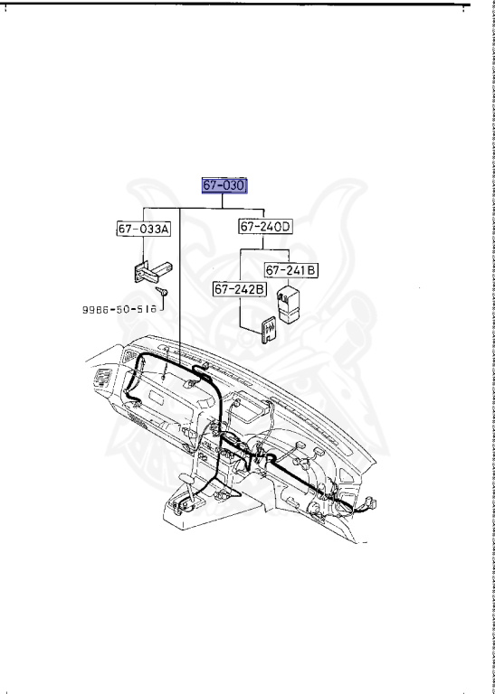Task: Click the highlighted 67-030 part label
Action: click(224, 186)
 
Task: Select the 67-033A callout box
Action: click(144, 229)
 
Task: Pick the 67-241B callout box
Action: click(291, 269)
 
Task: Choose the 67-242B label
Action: click(240, 289)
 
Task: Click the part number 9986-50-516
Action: click(119, 309)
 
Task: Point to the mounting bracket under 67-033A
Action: click(152, 271)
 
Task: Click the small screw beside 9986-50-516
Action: click(161, 291)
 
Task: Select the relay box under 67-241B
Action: click(289, 305)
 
